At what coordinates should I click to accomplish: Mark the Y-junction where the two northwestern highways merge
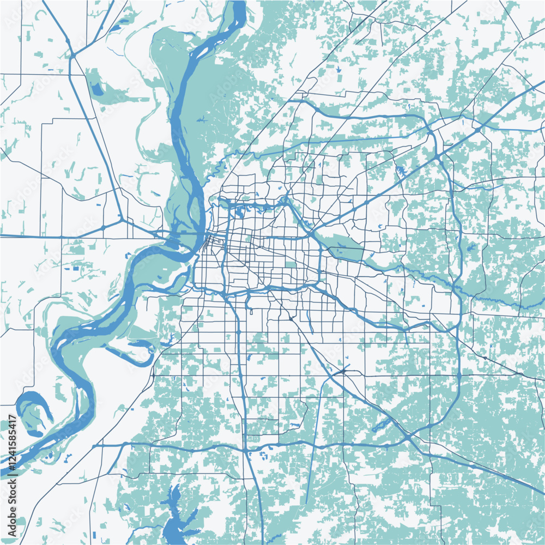coord(72,55)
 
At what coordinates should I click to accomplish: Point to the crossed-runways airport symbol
coord(342,371)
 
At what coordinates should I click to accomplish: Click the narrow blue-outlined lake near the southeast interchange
coord(381,425)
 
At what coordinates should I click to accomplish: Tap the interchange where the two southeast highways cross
coord(409,439)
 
